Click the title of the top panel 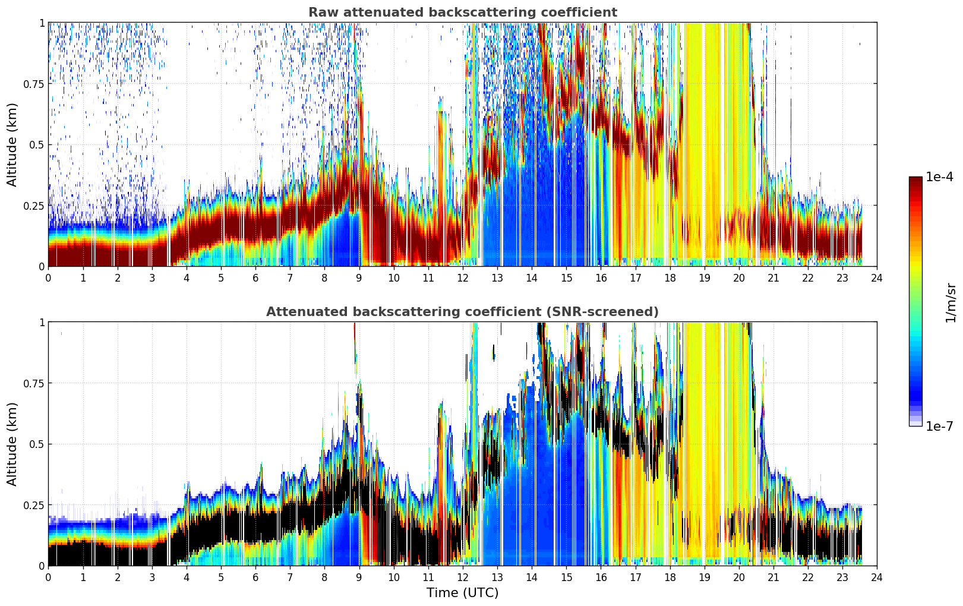[463, 12]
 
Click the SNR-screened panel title [462, 311]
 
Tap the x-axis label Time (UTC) [462, 593]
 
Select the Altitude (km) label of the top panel [12, 144]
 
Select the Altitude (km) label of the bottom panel [12, 444]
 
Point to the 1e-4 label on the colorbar [939, 176]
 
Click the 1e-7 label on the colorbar [939, 427]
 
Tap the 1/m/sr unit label [951, 302]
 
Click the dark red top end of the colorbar [915, 179]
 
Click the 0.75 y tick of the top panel [34, 84]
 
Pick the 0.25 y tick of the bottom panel [34, 505]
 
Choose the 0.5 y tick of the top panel [37, 145]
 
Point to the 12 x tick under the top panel [463, 278]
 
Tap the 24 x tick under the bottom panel [877, 577]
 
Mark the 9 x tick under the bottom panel [359, 577]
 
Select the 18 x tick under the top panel [670, 278]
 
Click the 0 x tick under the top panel [48, 278]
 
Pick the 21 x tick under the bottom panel [773, 577]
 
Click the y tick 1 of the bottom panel [42, 323]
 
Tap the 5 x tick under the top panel [221, 278]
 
